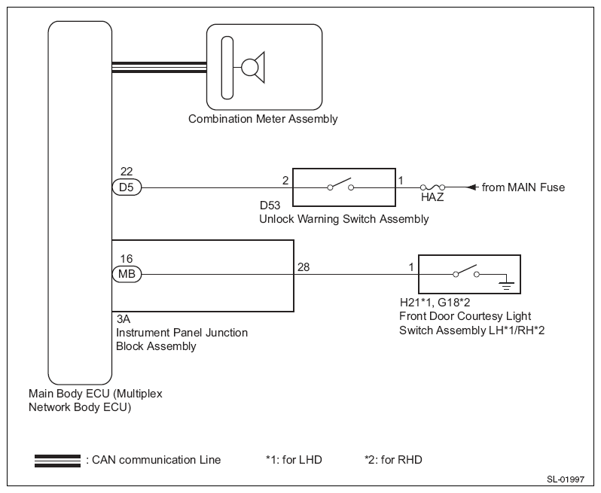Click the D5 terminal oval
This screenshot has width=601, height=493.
(x=127, y=187)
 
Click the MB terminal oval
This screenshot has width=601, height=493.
(x=127, y=274)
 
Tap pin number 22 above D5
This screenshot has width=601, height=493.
(x=127, y=171)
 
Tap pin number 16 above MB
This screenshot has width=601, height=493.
(x=127, y=259)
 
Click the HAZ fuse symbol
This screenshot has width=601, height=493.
(x=432, y=187)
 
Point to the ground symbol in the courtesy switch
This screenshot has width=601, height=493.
(x=506, y=284)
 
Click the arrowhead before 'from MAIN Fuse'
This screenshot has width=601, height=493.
(x=473, y=187)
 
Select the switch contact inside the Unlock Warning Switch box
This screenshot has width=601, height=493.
(x=340, y=184)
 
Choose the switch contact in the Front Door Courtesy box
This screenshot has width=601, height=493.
(x=466, y=271)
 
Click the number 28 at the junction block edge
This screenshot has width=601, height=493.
(x=304, y=267)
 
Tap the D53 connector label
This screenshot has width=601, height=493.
(x=270, y=205)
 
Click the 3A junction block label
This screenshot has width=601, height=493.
(x=123, y=318)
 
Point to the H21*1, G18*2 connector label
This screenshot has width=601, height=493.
(x=435, y=303)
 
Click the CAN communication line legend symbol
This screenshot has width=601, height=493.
(x=57, y=461)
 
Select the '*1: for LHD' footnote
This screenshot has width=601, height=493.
(x=294, y=460)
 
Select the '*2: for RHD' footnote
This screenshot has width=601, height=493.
(x=393, y=460)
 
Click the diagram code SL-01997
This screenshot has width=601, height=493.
(x=566, y=479)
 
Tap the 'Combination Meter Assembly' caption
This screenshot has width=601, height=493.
(x=263, y=119)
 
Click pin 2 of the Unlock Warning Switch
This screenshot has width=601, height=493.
(x=285, y=180)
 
